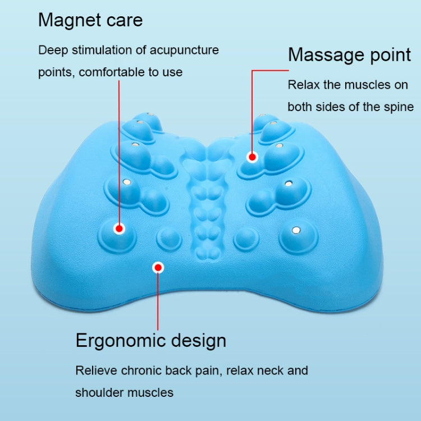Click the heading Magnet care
90,21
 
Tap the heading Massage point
349,55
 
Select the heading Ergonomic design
150,340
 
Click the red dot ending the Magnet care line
119,228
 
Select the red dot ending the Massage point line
252,157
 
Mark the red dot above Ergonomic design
158,268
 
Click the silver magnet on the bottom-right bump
297,229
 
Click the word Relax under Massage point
303,85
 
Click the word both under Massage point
300,107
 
